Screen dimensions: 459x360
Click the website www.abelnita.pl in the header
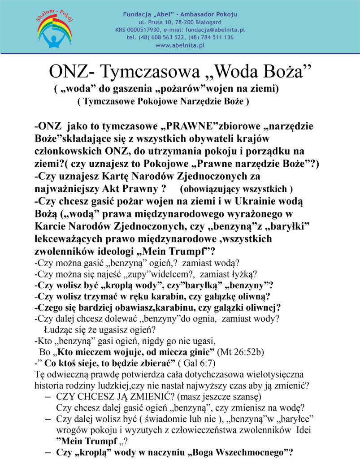180,45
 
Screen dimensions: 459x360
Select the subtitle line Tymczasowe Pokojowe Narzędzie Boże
163,102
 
